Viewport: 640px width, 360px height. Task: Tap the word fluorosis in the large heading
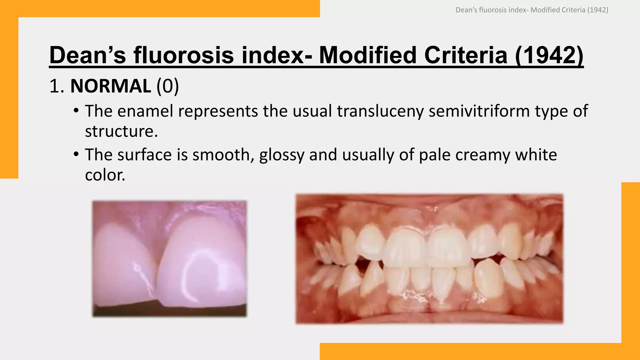(x=184, y=55)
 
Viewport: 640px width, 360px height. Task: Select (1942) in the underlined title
(x=549, y=55)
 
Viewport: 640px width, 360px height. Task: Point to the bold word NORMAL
(x=111, y=86)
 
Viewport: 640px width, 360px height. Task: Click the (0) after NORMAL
(x=167, y=86)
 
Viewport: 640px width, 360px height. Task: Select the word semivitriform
(x=479, y=111)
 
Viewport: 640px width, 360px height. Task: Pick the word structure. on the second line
(x=121, y=131)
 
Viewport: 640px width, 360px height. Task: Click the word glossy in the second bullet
(x=282, y=155)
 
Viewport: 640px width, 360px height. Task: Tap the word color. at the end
(x=105, y=175)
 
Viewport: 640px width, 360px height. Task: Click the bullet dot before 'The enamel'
(x=76, y=111)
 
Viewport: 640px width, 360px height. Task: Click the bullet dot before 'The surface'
(x=76, y=155)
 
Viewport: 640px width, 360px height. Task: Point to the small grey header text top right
(x=532, y=10)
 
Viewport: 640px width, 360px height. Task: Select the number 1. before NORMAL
(x=57, y=86)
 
